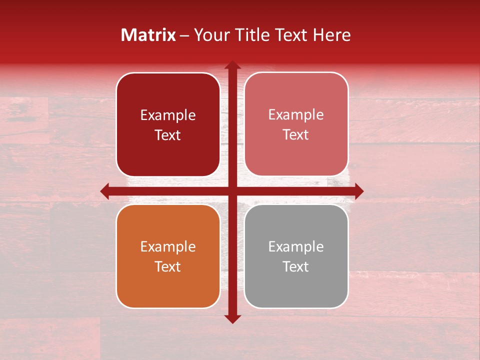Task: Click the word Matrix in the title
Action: (x=148, y=35)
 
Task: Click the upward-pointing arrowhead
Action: (x=232, y=65)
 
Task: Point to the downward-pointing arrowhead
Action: (x=232, y=318)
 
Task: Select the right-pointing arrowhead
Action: (x=358, y=191)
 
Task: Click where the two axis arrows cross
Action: (x=232, y=191)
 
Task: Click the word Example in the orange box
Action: (x=168, y=247)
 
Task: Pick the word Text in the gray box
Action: (x=296, y=266)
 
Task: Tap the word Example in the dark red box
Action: (x=168, y=115)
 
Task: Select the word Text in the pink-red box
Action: (x=296, y=135)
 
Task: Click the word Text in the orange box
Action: (x=168, y=266)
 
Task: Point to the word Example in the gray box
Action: (x=296, y=247)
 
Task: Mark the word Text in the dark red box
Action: (x=168, y=135)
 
